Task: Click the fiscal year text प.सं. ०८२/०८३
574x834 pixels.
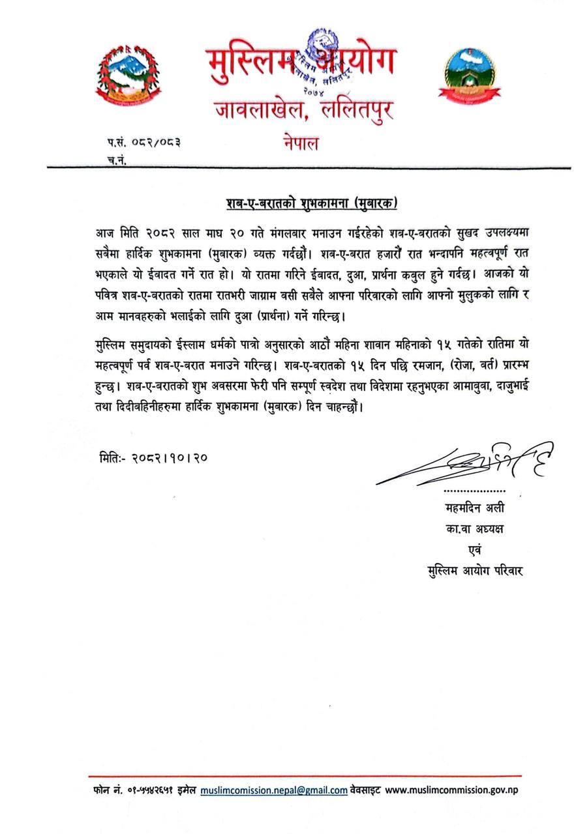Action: click(143, 141)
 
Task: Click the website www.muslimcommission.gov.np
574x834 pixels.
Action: click(452, 790)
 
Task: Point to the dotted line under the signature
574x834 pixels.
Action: click(474, 489)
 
